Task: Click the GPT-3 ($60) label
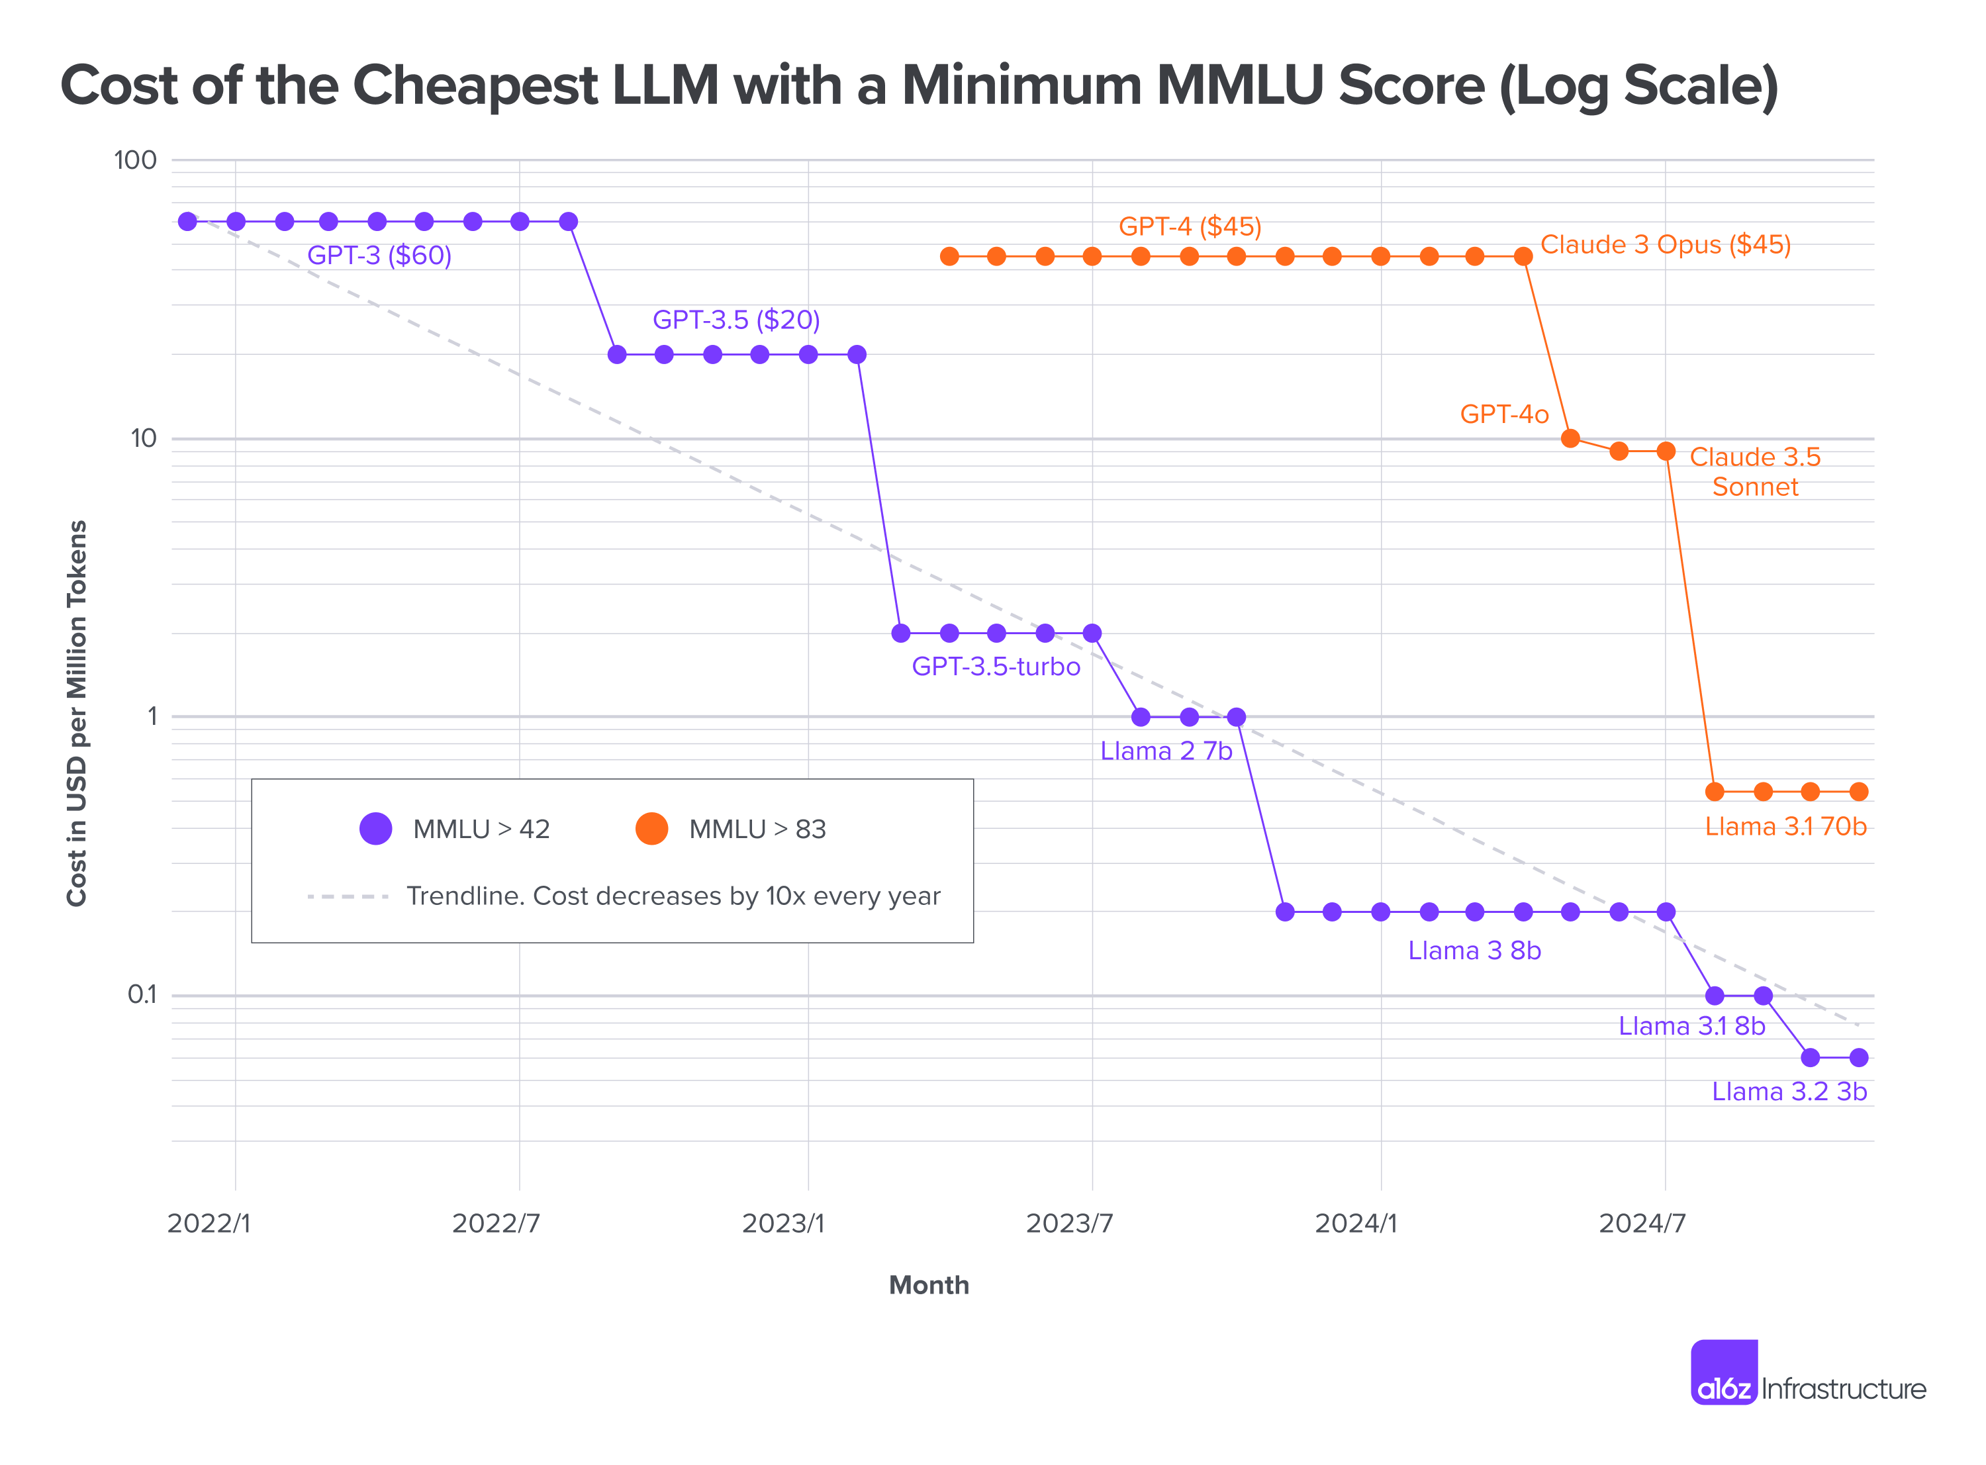tap(379, 256)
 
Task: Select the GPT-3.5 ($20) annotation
tap(736, 320)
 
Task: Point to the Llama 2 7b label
tap(1166, 751)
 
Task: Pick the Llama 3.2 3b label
tap(1789, 1092)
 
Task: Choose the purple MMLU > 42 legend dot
tap(376, 829)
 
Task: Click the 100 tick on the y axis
tap(135, 160)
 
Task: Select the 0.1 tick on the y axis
tap(142, 995)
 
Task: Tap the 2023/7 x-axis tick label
tap(1069, 1224)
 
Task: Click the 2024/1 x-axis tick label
tap(1356, 1224)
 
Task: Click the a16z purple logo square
tap(1724, 1372)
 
